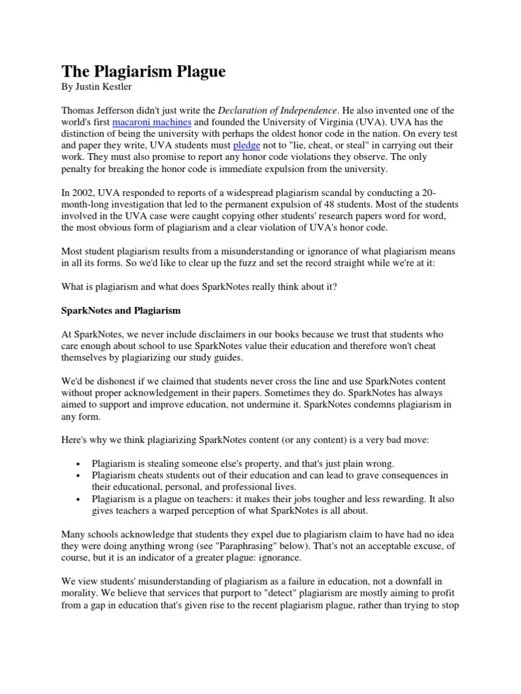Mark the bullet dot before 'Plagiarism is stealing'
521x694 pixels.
79,464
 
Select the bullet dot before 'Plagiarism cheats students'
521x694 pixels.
79,475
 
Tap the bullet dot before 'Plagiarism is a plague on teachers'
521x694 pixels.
79,498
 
